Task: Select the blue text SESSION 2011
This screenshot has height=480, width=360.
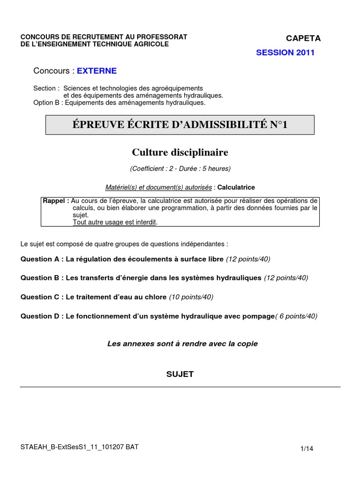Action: click(x=285, y=52)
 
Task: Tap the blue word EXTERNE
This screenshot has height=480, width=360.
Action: click(x=97, y=71)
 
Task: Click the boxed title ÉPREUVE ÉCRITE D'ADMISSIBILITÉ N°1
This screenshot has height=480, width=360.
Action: click(x=180, y=125)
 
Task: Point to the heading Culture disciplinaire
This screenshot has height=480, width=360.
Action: click(x=180, y=152)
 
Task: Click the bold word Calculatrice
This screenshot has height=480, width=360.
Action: click(x=236, y=187)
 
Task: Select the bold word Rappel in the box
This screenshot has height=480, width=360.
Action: click(x=55, y=201)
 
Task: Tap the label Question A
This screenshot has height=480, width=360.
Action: click(x=40, y=259)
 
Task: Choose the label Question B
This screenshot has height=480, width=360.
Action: click(x=40, y=277)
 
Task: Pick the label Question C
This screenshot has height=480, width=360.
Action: click(x=40, y=297)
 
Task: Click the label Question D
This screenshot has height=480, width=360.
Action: click(x=40, y=316)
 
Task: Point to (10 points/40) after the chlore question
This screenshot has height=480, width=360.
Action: click(x=191, y=297)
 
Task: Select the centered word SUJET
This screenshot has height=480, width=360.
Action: click(x=180, y=374)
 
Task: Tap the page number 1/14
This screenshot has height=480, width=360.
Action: click(x=307, y=449)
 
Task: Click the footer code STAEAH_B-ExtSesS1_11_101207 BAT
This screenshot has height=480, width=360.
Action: click(x=79, y=447)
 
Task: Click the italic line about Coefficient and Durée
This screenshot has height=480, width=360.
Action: click(x=180, y=168)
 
